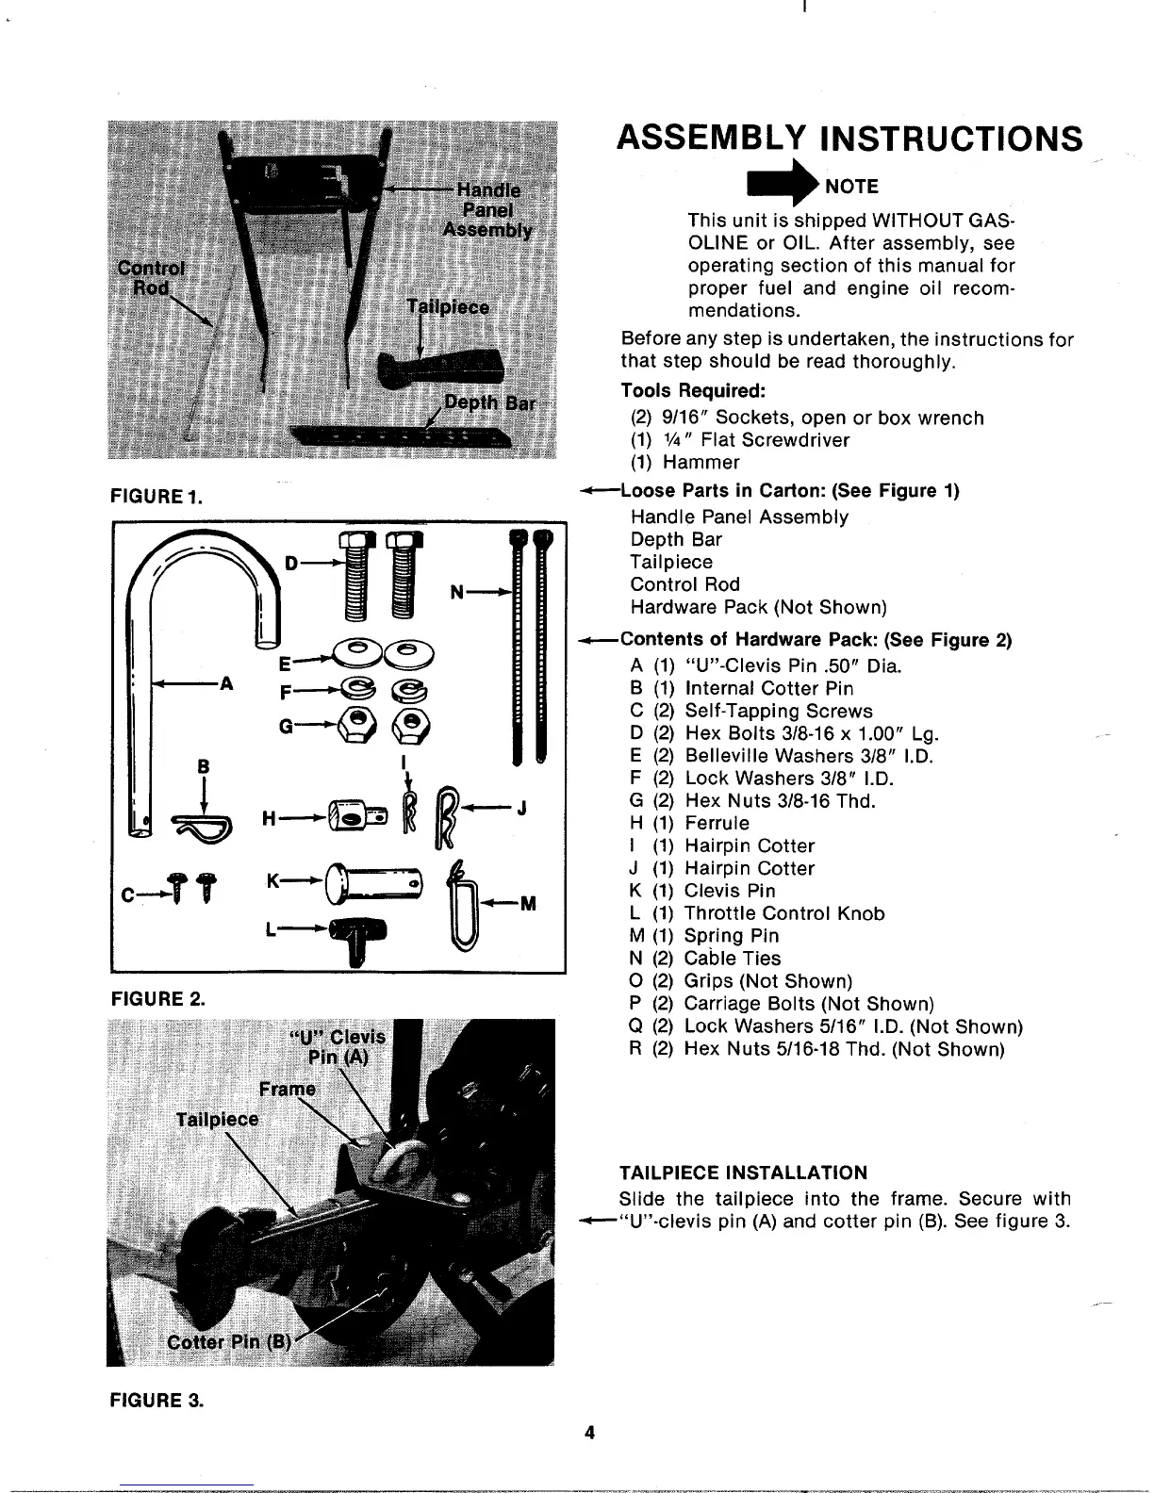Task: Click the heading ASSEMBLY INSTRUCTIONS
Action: tap(849, 139)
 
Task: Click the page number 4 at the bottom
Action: tap(589, 1434)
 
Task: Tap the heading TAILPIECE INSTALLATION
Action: tap(743, 1173)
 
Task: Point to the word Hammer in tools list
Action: tap(701, 463)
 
